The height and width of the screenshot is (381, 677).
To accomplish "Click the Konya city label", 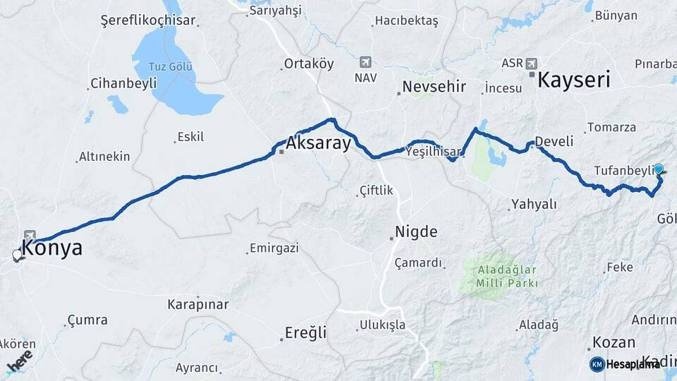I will [52, 248].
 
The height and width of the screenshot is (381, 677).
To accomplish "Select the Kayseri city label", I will [573, 80].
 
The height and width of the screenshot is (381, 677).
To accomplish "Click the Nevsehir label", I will [434, 87].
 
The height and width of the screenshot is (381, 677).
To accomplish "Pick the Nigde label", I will [416, 231].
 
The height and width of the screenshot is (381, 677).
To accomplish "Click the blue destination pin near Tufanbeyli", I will [659, 169].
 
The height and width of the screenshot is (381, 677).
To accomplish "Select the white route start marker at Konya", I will [18, 255].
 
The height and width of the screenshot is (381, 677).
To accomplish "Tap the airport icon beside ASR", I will [531, 62].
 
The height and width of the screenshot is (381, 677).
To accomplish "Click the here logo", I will [19, 363].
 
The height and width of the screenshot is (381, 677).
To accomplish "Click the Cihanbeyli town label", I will [123, 83].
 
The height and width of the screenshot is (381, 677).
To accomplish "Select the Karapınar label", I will [197, 305].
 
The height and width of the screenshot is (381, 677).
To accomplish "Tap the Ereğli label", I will [305, 332].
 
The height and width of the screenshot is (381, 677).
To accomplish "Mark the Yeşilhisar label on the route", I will [433, 151].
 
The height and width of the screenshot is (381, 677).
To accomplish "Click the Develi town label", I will [554, 141].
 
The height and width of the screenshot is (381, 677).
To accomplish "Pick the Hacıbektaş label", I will [406, 21].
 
